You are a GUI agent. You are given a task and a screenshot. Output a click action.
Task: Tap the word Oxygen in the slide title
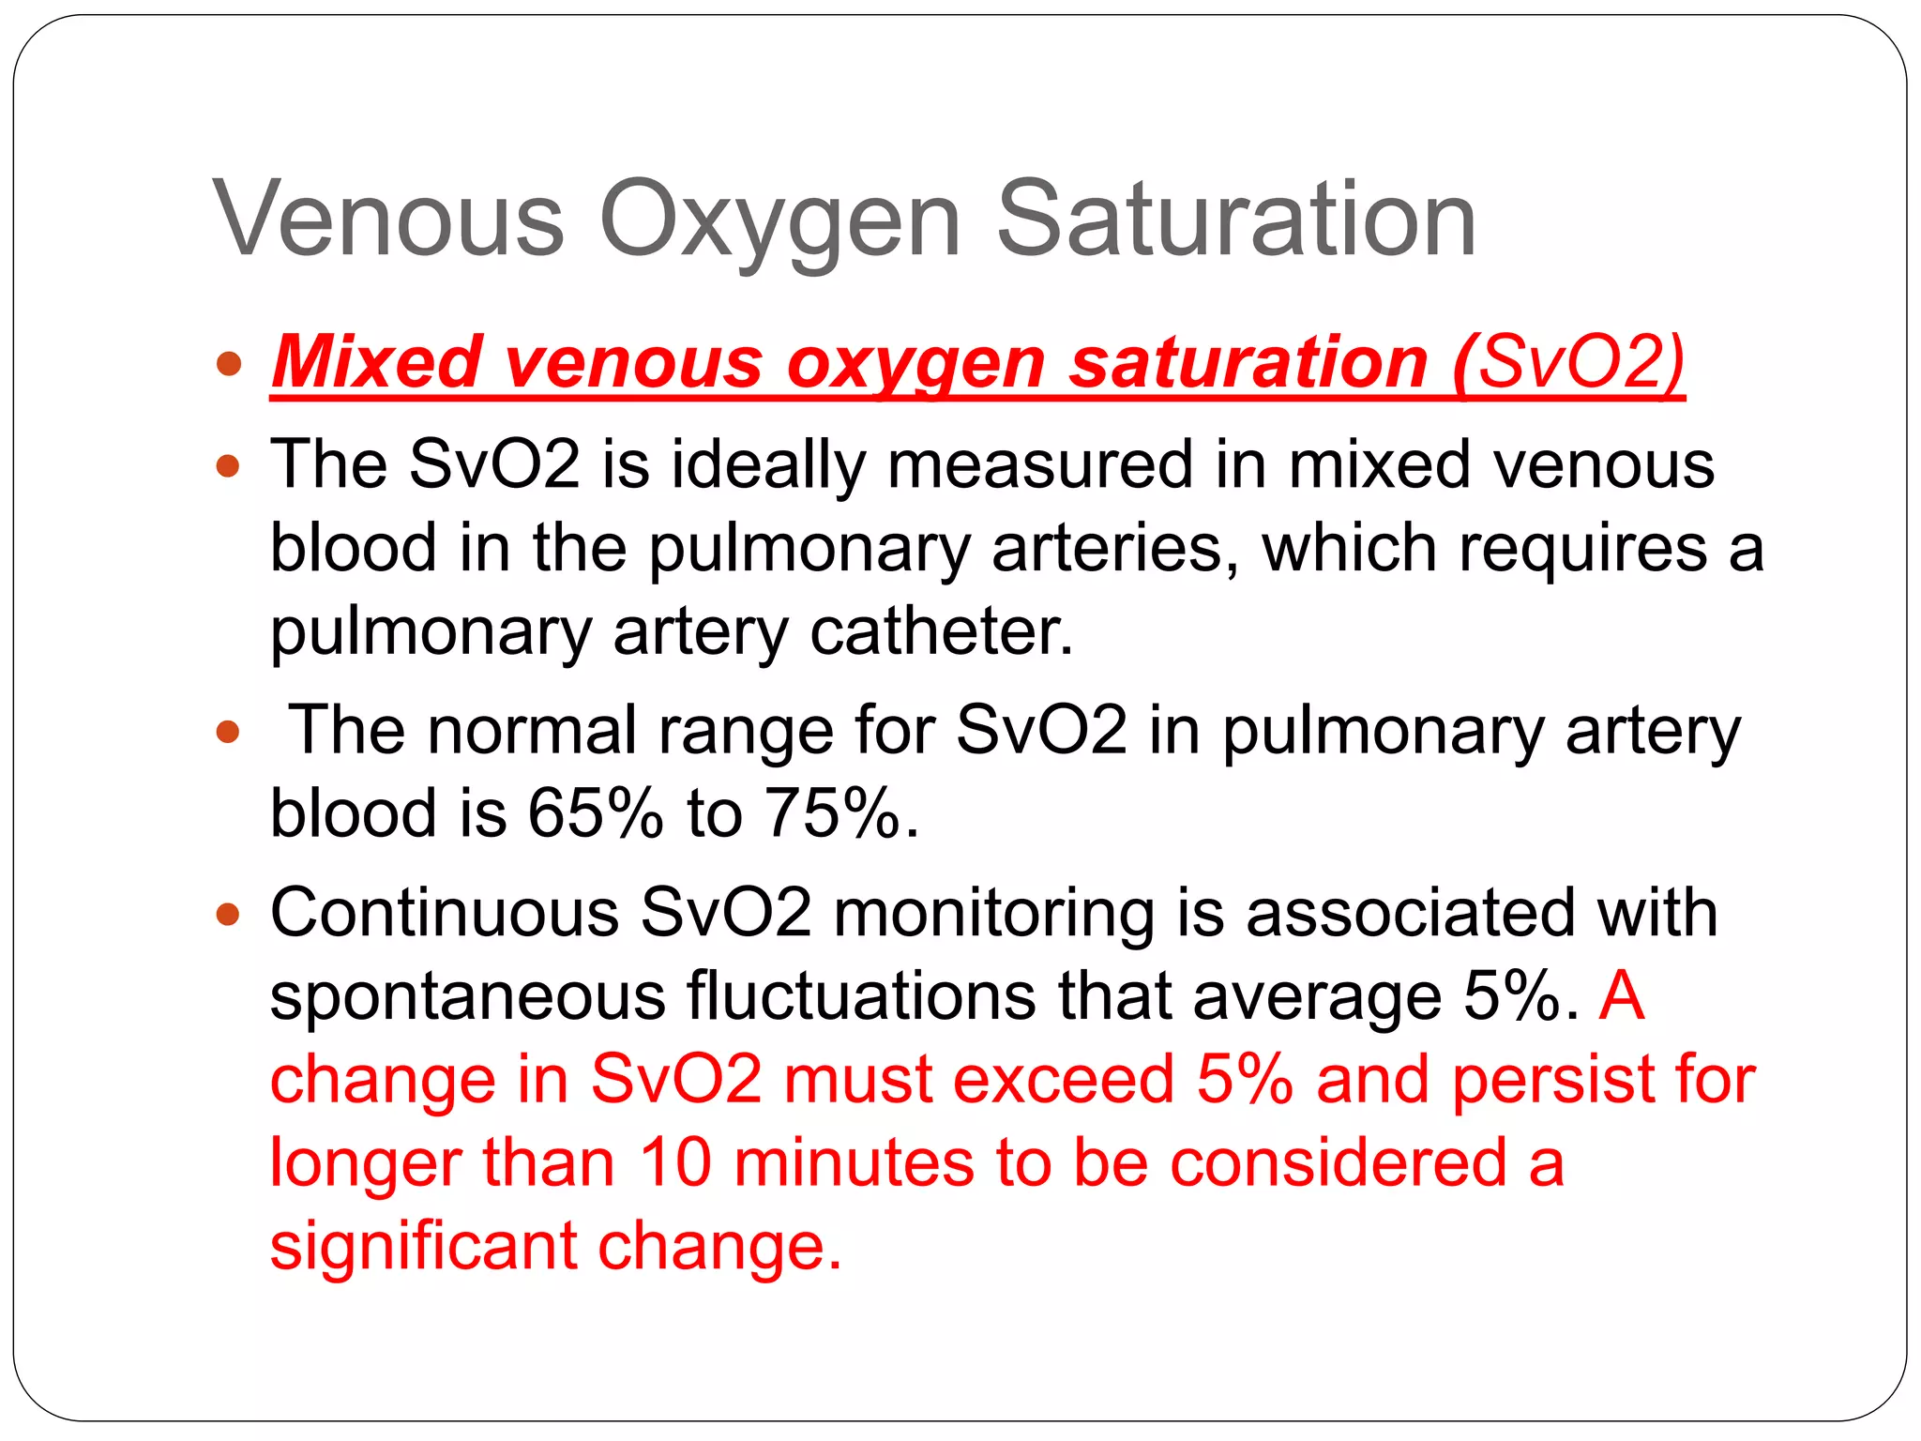[x=780, y=221]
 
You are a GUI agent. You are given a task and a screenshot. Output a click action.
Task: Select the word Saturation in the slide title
[x=1236, y=220]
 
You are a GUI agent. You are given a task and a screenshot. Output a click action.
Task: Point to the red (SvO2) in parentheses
[x=1568, y=362]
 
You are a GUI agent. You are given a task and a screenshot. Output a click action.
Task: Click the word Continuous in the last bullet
[x=445, y=912]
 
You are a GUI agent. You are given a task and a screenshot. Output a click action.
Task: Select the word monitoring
[x=993, y=914]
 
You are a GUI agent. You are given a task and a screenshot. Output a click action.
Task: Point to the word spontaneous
[x=467, y=996]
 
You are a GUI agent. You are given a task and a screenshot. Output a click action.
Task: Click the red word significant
[x=423, y=1246]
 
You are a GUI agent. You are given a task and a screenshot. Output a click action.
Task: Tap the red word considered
[x=1339, y=1163]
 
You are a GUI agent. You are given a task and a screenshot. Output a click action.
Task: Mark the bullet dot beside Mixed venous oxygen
[x=229, y=363]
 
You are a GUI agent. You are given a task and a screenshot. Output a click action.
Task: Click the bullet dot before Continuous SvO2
[x=229, y=913]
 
